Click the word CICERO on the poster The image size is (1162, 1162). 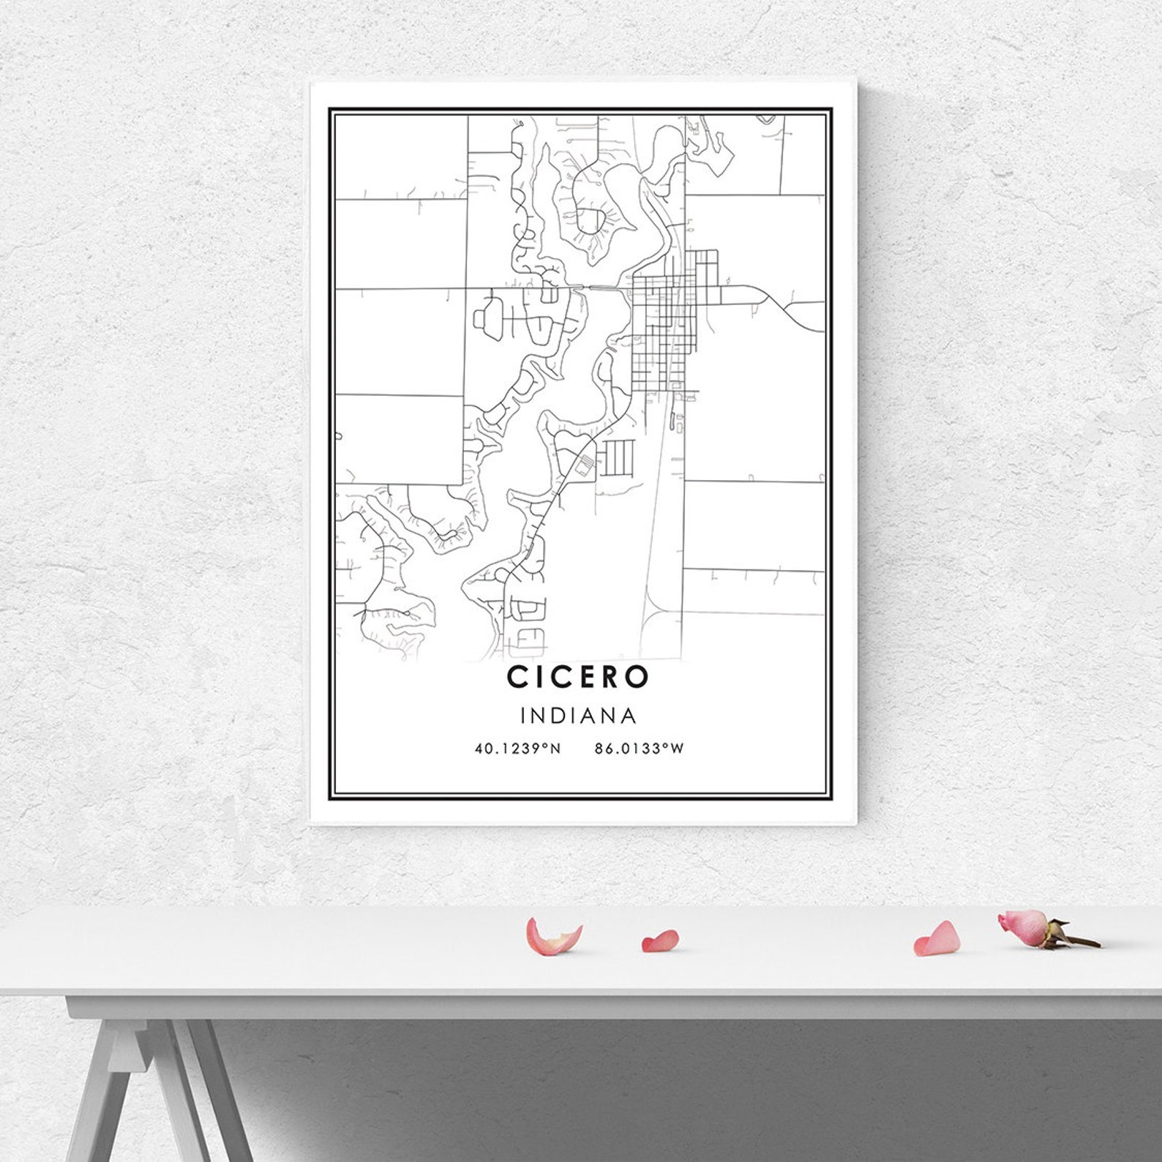[x=577, y=677]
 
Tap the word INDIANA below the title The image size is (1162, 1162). [x=577, y=715]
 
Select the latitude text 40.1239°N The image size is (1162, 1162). [x=517, y=749]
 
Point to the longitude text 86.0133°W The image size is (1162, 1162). [x=639, y=749]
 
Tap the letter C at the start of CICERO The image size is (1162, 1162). [x=516, y=677]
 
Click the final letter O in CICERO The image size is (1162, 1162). [x=637, y=677]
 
